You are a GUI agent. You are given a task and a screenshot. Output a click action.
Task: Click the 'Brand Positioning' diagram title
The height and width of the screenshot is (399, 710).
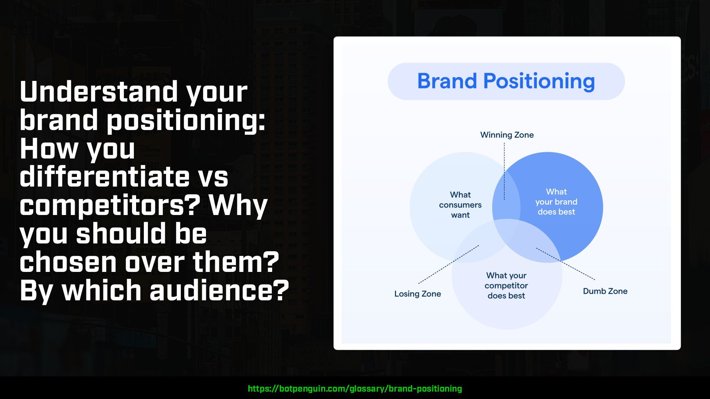point(506,81)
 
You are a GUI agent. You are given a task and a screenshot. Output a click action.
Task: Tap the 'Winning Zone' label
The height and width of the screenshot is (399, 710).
point(507,135)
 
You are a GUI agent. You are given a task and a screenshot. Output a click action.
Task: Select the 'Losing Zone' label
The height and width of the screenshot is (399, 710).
point(417,294)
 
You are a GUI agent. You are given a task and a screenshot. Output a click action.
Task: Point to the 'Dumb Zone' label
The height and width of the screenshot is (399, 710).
point(605,291)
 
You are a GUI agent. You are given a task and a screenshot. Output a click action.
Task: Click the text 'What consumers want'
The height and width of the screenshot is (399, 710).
point(460,205)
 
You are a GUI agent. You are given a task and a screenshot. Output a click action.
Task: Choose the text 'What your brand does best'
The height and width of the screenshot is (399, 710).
point(556,202)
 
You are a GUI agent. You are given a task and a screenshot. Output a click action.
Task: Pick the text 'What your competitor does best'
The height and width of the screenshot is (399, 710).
point(506,286)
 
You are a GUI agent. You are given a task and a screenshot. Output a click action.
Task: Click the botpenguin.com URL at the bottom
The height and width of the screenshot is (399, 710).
point(355,389)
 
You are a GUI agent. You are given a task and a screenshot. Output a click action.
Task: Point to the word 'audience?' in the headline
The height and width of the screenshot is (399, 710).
point(219,290)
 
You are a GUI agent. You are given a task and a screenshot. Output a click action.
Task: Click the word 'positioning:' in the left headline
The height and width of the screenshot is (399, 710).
point(186,120)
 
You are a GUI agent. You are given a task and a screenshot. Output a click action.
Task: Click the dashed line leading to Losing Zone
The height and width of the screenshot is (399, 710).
point(449,265)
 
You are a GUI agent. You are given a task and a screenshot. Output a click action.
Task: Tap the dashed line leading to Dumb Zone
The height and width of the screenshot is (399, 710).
point(565,264)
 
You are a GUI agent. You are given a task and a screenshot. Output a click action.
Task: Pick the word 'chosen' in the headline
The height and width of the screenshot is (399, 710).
point(68,261)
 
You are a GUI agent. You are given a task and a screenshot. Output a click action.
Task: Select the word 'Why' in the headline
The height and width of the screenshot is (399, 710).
point(238,205)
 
